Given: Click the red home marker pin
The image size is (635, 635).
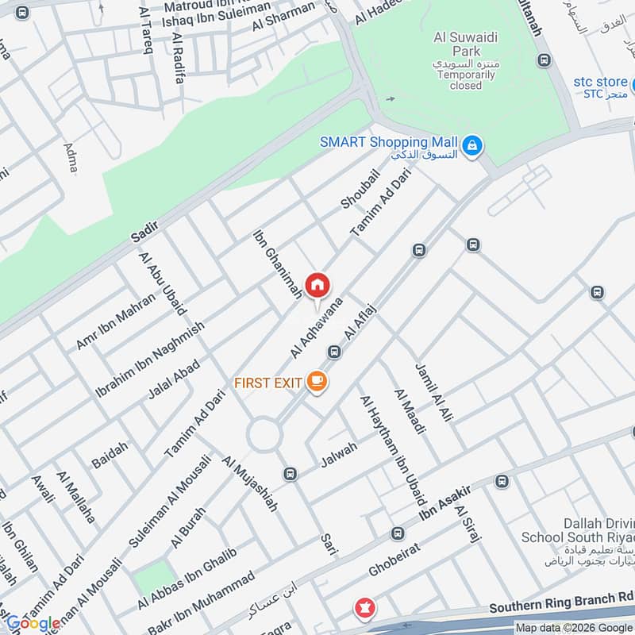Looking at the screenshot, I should pos(317,286).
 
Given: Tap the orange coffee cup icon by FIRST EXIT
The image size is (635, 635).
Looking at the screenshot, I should pos(317,383).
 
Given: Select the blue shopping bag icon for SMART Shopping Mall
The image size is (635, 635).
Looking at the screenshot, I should pos(472,145).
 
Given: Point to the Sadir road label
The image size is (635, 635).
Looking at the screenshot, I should pos(145,233).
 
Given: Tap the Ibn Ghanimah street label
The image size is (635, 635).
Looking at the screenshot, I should pos(277,264).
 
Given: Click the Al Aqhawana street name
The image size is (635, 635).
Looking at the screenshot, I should pos(315,327).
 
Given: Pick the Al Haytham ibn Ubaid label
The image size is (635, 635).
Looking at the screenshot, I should pos(393,449).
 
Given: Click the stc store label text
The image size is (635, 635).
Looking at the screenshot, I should pos(600,82).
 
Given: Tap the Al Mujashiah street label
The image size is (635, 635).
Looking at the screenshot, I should pos(249,483).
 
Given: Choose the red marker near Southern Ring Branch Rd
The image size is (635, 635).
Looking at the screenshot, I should pos(364,609).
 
